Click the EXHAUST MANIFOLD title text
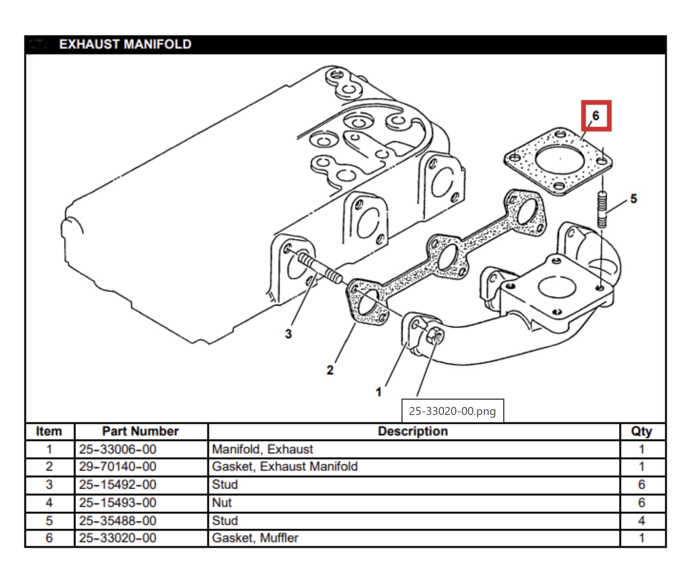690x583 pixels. pos(125,44)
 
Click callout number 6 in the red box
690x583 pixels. pos(596,115)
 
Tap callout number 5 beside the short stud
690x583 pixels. pos(633,199)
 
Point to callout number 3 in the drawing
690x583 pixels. pos(289,334)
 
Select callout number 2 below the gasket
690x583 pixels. pos(330,370)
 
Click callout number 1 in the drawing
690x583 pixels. pos(379,392)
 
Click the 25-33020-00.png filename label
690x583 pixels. pos(453,411)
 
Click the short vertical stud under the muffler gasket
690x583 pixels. pos(602,210)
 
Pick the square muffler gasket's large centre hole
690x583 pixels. pos(560,160)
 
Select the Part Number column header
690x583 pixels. pos(140,431)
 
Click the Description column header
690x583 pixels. pos(413,431)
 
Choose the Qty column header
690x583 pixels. pos(642,431)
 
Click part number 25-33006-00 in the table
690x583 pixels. pos(118,449)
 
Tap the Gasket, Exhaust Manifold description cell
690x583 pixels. pos(285,466)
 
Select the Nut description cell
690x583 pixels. pos(222,503)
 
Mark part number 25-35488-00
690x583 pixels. pos(118,521)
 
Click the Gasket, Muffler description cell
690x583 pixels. pos(255,538)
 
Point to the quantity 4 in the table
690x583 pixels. pos(642,521)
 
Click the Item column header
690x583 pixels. pos(49,431)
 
